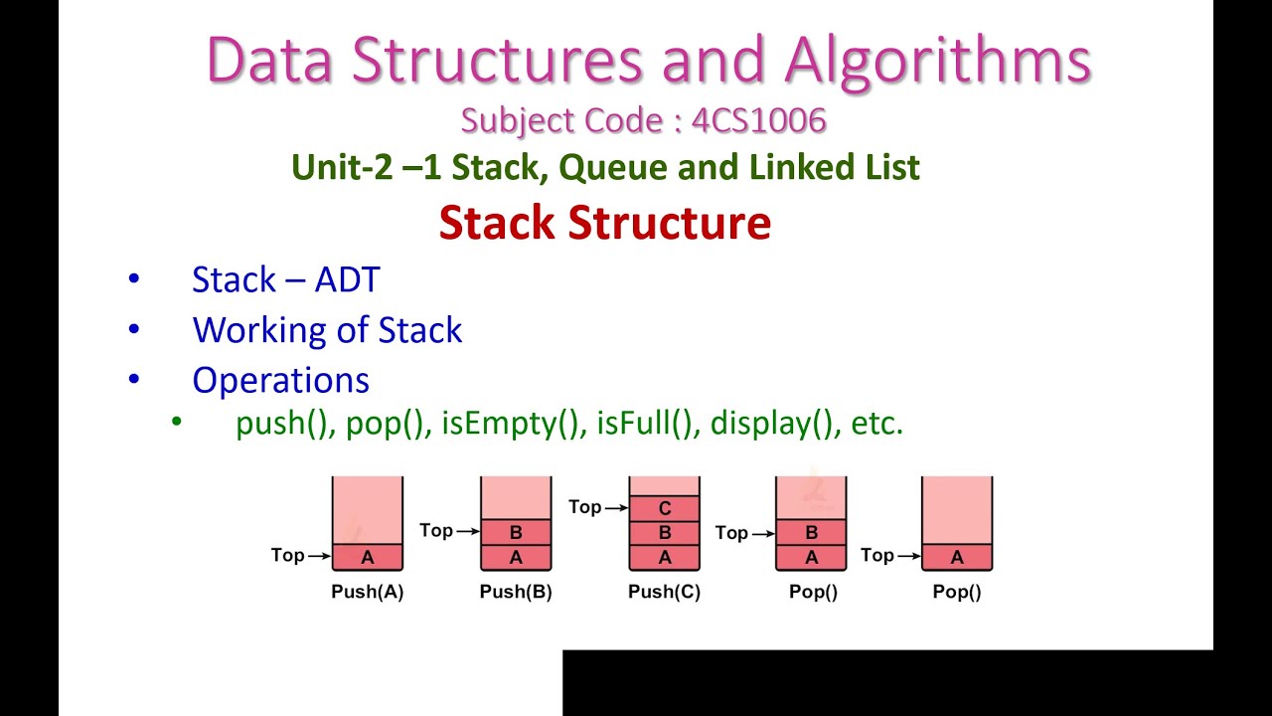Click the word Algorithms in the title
937,60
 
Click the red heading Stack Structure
604,223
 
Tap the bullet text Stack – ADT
285,279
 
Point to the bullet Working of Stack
327,329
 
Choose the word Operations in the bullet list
280,380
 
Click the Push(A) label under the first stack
367,592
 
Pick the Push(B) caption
516,592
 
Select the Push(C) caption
664,592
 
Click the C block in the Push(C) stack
665,509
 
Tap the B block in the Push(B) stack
516,533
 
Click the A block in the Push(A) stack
368,557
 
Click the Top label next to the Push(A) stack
288,555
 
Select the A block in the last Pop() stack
957,557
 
